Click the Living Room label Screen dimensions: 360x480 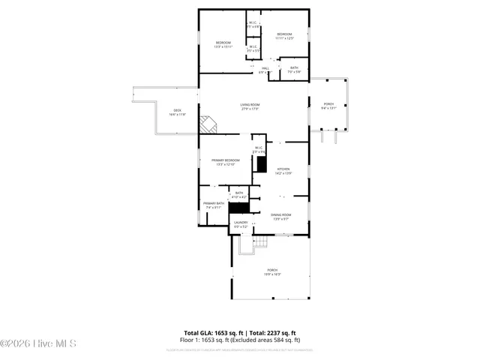250,104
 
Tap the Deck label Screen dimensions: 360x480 177,110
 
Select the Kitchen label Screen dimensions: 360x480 283,169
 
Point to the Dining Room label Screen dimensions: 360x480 281,214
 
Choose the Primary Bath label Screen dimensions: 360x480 213,203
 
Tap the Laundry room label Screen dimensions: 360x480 241,222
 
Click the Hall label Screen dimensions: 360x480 265,68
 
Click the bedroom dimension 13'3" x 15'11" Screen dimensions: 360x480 223,46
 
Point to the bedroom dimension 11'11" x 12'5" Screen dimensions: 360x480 284,38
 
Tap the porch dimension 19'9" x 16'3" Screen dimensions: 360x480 272,274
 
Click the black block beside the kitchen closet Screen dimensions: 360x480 262,163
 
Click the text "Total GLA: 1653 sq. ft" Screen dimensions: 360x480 212,332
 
